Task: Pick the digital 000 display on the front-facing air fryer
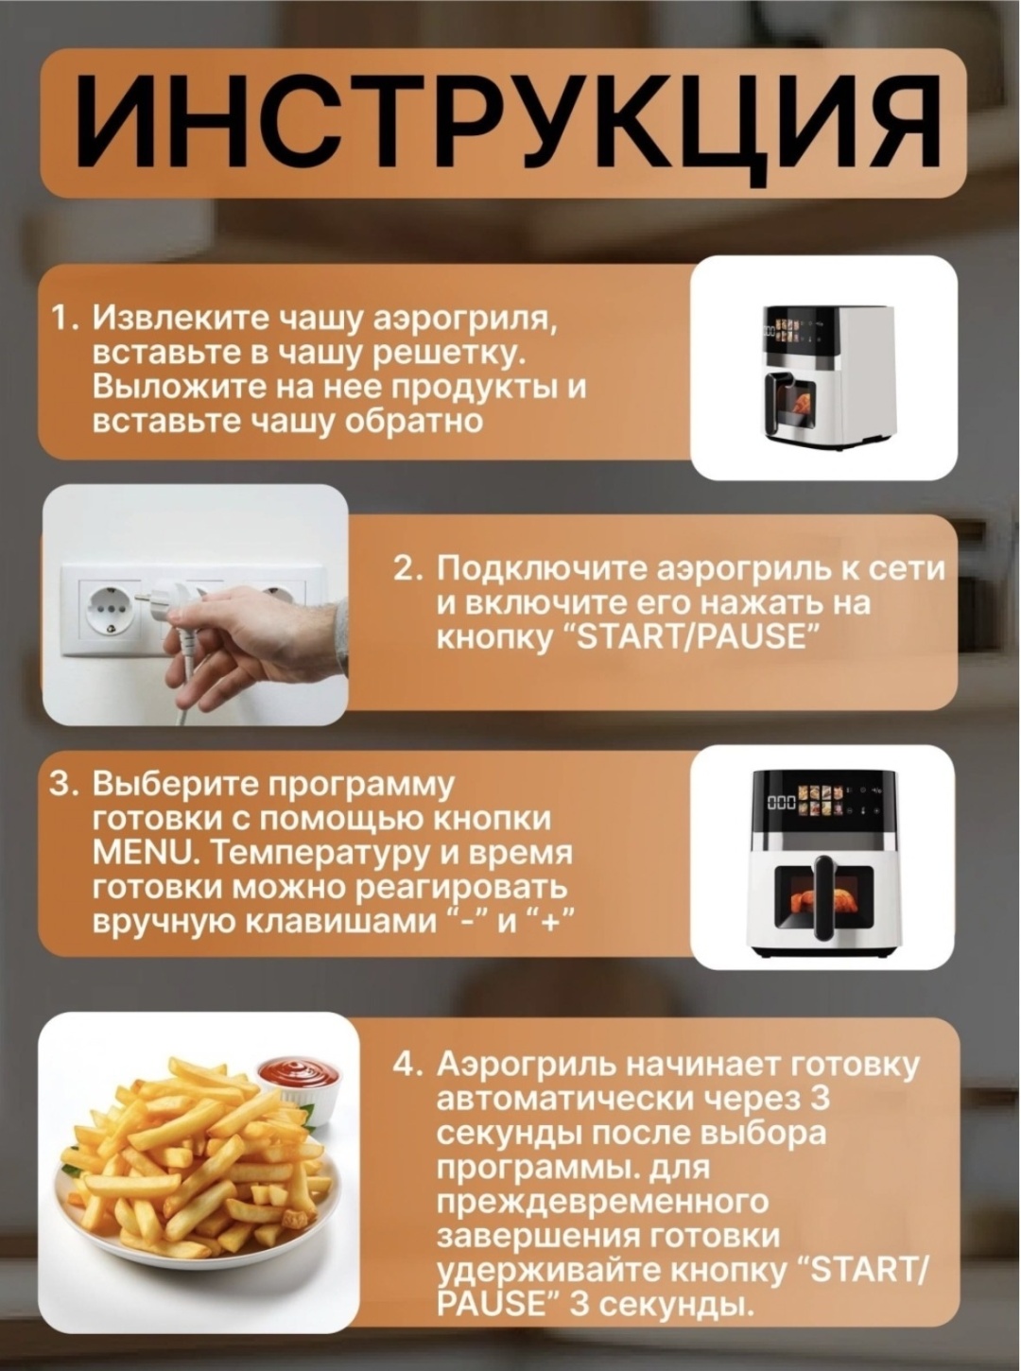click(780, 803)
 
